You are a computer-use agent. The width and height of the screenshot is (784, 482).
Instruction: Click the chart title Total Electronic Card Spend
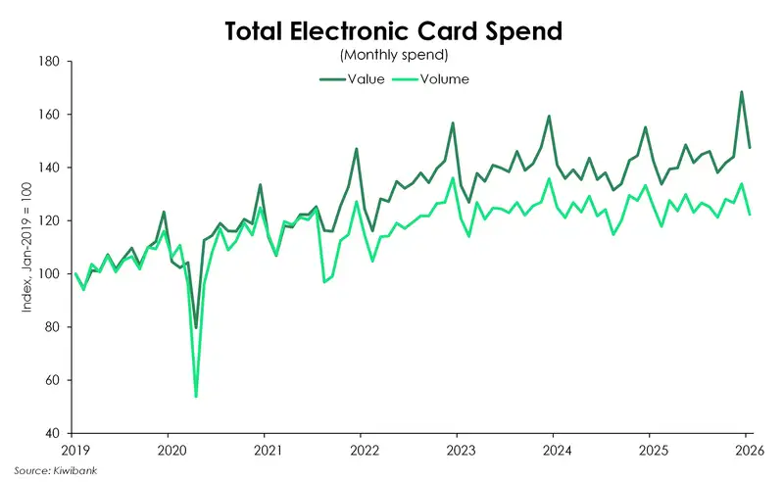pos(392,30)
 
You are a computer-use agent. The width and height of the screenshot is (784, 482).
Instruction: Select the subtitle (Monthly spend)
pos(392,56)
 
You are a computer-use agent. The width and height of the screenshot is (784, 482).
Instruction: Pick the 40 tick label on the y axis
pos(51,433)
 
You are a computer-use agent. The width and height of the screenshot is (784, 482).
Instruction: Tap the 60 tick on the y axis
pos(51,380)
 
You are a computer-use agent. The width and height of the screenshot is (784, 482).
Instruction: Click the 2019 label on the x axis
pos(74,450)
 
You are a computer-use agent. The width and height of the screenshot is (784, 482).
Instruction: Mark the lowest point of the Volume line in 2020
pos(196,397)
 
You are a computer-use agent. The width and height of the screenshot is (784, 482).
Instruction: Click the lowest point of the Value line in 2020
pos(196,327)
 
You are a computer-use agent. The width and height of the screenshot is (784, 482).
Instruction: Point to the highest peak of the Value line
pos(741,92)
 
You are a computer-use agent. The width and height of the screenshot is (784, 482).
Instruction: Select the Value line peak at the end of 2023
pos(548,117)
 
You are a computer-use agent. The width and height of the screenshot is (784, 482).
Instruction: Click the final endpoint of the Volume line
pos(750,215)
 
